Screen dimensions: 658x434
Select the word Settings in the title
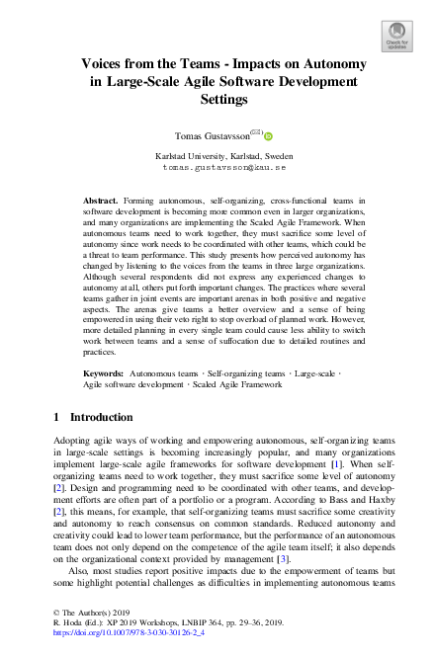point(217,99)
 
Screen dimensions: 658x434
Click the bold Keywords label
point(103,373)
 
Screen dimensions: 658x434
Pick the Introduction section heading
point(104,418)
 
